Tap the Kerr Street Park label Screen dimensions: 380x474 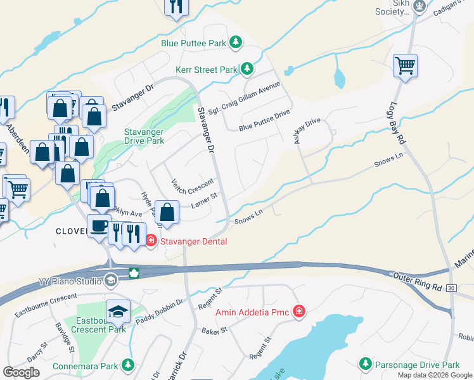(x=206, y=69)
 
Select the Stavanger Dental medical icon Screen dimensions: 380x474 (x=151, y=241)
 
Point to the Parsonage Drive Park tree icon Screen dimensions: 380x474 (x=365, y=364)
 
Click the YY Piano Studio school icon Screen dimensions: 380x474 (x=110, y=280)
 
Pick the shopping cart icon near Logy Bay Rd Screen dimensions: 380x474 (x=405, y=65)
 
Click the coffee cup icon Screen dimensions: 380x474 (x=99, y=225)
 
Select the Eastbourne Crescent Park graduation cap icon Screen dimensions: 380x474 (x=118, y=311)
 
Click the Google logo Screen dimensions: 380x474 (x=22, y=372)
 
